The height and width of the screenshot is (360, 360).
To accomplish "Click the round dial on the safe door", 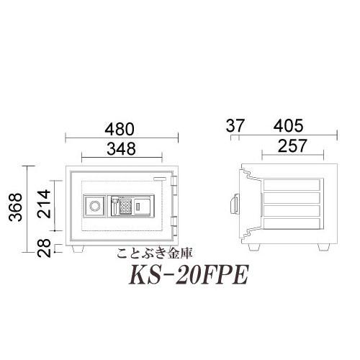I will pyautogui.click(x=94, y=206).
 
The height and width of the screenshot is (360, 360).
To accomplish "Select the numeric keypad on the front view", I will pyautogui.click(x=125, y=207).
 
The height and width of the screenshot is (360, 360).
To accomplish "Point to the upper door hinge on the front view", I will pyautogui.click(x=175, y=189).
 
